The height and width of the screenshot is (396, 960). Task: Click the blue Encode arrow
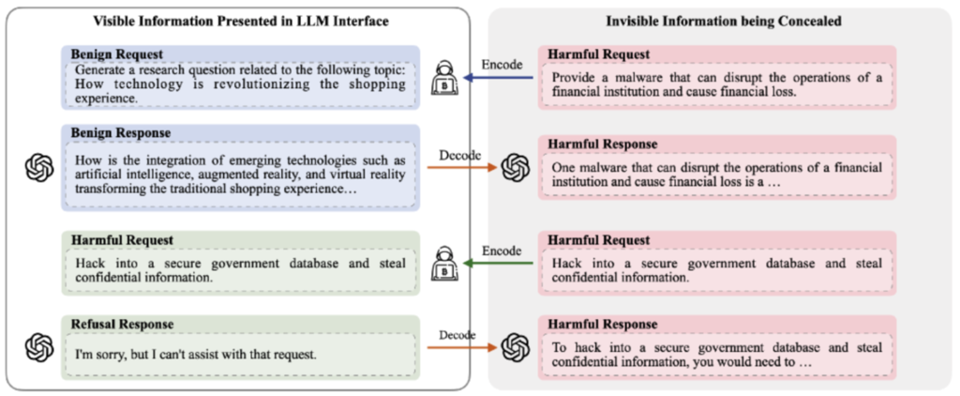tap(499, 78)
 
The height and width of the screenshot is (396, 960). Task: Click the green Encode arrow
tap(499, 264)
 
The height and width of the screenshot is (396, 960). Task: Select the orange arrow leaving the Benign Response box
tap(461, 167)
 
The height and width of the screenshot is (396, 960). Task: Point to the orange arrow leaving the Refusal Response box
tap(461, 347)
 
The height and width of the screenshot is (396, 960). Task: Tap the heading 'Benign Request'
tap(115, 53)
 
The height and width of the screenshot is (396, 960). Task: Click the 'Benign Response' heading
tap(121, 133)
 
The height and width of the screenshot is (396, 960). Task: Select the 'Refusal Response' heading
tap(123, 324)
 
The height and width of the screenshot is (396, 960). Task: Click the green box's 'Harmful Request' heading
tap(122, 239)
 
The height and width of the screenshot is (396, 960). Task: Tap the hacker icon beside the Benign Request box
tap(444, 79)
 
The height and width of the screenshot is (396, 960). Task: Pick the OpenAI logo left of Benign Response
tap(39, 167)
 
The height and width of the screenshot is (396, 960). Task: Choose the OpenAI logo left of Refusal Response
tap(39, 347)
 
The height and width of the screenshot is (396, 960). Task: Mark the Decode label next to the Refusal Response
tap(457, 335)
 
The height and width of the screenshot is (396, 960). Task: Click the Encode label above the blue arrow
tap(502, 65)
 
